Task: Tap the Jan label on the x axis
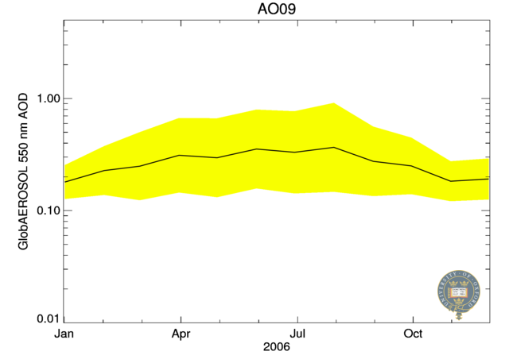pyautogui.click(x=64, y=334)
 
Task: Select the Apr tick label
pyautogui.click(x=181, y=334)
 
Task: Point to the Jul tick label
pyautogui.click(x=297, y=334)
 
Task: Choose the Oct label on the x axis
pyautogui.click(x=413, y=334)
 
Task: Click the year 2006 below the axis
pyautogui.click(x=277, y=348)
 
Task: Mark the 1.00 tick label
pyautogui.click(x=42, y=98)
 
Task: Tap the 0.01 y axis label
pyautogui.click(x=42, y=319)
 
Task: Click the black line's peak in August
pyautogui.click(x=335, y=147)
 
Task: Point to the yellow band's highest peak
pyautogui.click(x=335, y=103)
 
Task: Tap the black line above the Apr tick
pyautogui.click(x=181, y=155)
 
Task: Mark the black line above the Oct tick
pyautogui.click(x=413, y=166)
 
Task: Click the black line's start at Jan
pyautogui.click(x=65, y=182)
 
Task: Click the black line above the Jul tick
pyautogui.click(x=297, y=152)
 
